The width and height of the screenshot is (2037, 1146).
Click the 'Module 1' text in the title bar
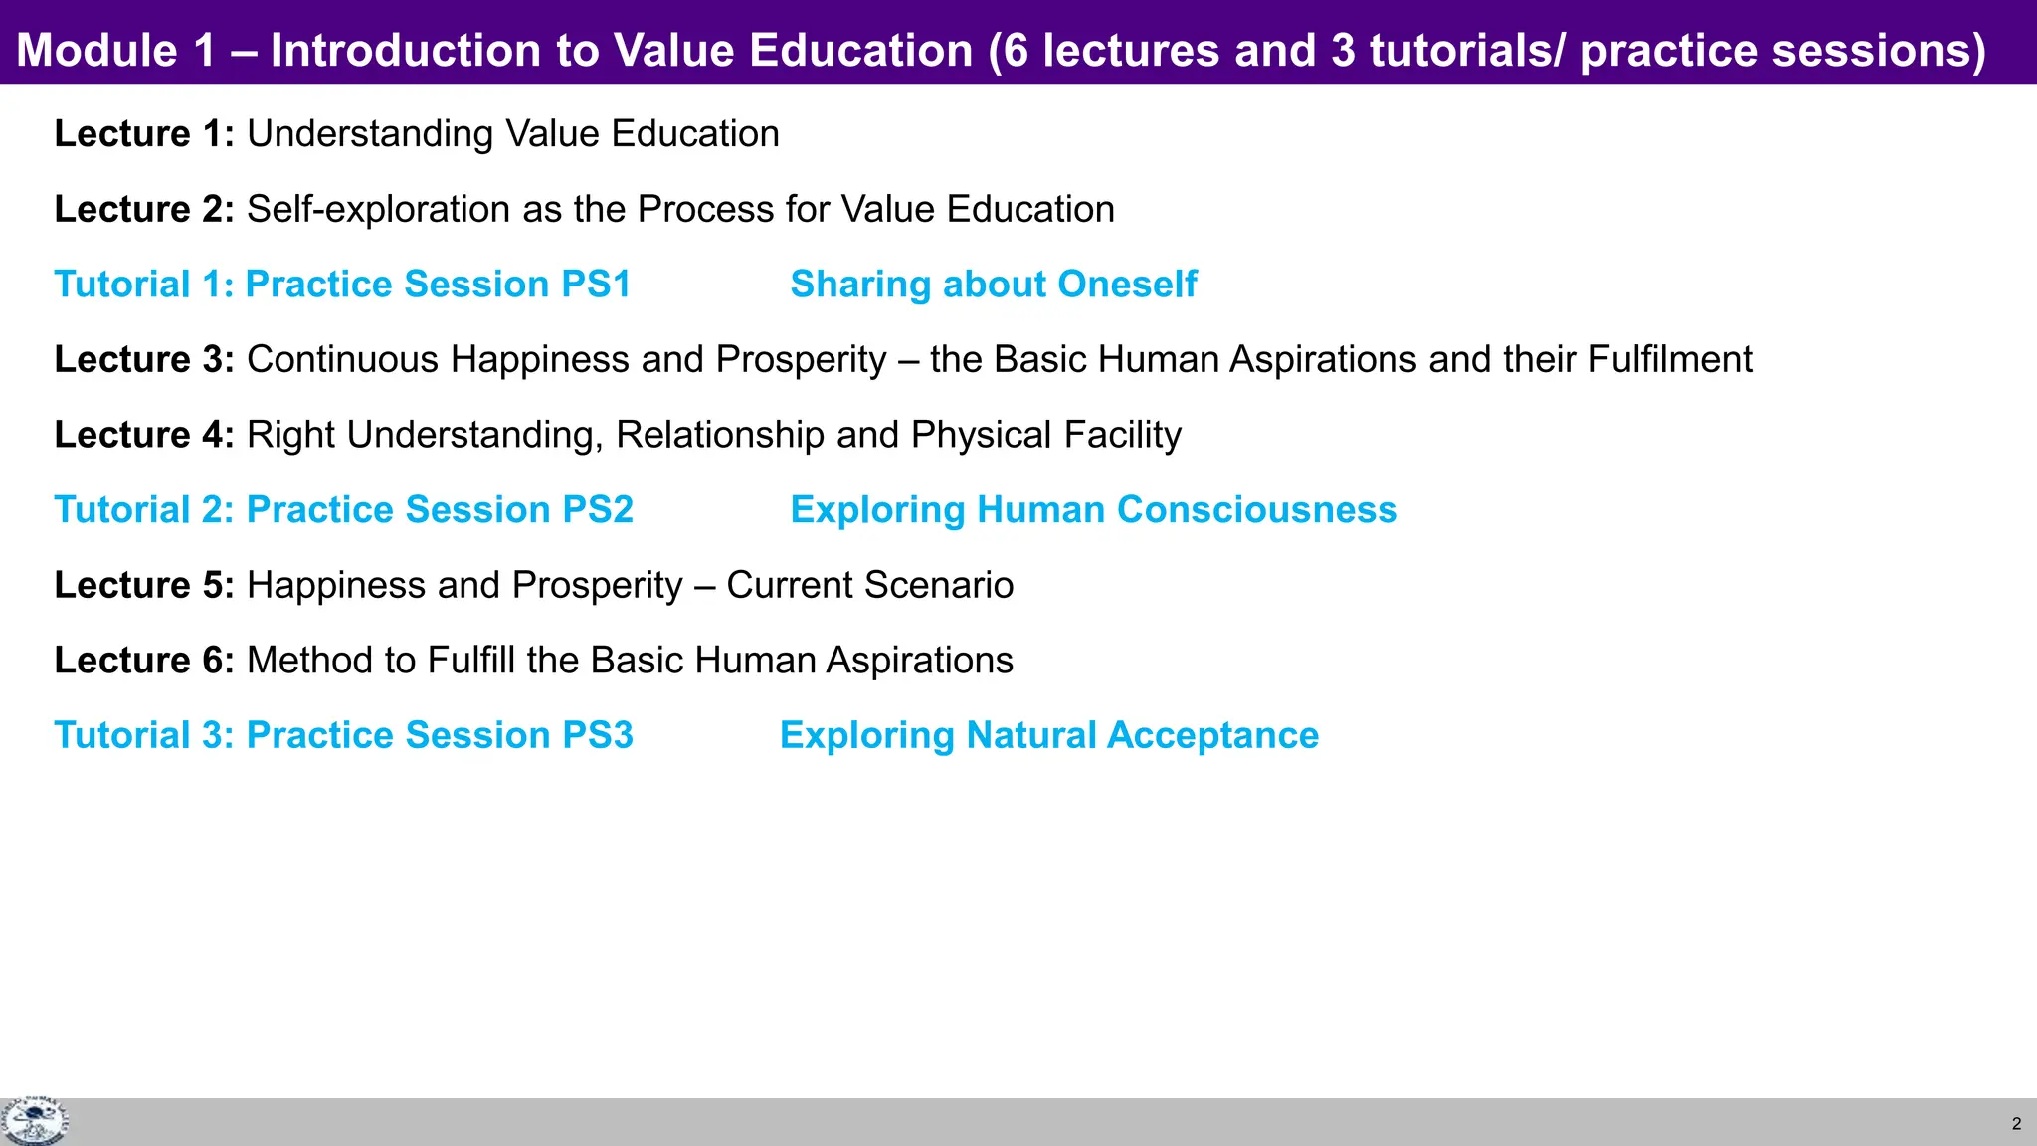[115, 50]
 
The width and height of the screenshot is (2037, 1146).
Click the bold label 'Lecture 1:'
[143, 134]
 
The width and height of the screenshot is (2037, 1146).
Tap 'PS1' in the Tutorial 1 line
[596, 285]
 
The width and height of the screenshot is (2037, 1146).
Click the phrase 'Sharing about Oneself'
[993, 285]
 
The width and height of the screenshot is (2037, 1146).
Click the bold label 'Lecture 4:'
[143, 435]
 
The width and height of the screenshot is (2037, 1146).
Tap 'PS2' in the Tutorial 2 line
[597, 510]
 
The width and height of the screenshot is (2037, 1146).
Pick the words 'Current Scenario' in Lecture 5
[869, 585]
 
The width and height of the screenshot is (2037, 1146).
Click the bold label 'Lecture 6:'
[143, 661]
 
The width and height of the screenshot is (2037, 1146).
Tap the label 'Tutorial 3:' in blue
[143, 736]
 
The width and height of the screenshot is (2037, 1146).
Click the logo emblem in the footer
[34, 1122]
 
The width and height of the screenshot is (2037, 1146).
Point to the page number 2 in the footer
[2016, 1124]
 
